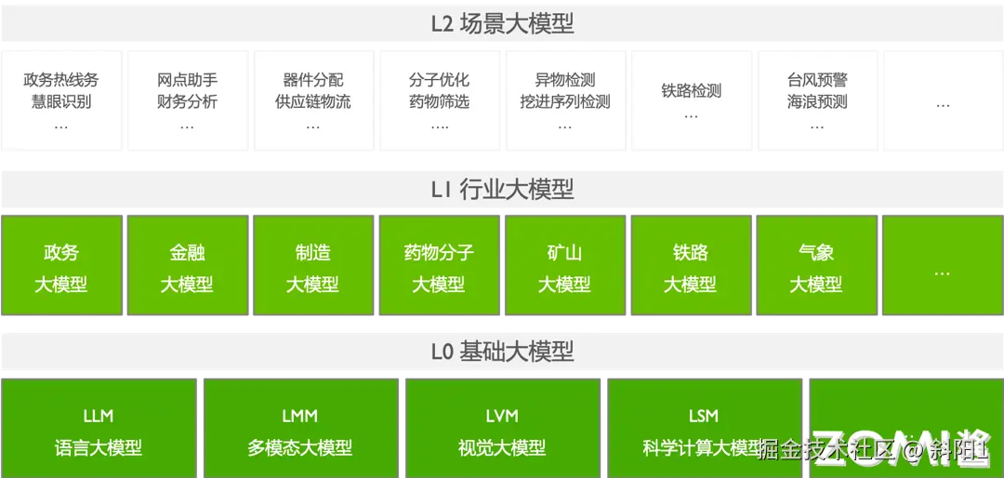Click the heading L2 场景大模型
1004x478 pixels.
tap(502, 23)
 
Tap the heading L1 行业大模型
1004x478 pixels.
tap(502, 190)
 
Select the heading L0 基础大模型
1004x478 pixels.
tap(502, 352)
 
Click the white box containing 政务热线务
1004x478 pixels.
tap(61, 100)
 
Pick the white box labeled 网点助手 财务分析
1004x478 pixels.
tap(187, 100)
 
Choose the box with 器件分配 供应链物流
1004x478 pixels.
tap(313, 100)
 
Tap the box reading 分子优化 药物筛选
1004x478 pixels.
tap(439, 100)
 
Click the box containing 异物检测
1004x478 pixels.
tap(565, 100)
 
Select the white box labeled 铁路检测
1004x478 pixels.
tap(691, 100)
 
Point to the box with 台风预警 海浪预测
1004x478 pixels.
tap(817, 100)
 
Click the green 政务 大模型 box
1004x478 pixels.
tap(61, 267)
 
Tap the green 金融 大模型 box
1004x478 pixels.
tap(187, 267)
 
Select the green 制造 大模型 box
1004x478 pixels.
tap(313, 267)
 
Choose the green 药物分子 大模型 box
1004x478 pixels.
tap(439, 267)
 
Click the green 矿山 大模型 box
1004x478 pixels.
tap(565, 267)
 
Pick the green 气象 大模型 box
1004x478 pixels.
tap(817, 267)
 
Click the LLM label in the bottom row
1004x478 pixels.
tap(98, 416)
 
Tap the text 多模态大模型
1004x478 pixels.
tap(300, 448)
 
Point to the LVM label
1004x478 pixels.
tap(502, 416)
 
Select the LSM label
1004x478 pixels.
tap(704, 416)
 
